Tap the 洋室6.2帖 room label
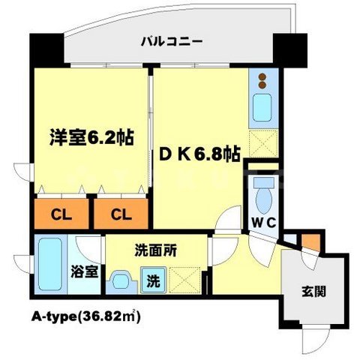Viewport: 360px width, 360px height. [x=81, y=139]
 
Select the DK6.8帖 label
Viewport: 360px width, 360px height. [x=199, y=154]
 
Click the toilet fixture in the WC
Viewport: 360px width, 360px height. [x=264, y=193]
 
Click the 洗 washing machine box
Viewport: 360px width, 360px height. [x=152, y=283]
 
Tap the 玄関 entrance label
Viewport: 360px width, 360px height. [x=314, y=291]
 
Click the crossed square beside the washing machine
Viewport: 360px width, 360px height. [x=183, y=280]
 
